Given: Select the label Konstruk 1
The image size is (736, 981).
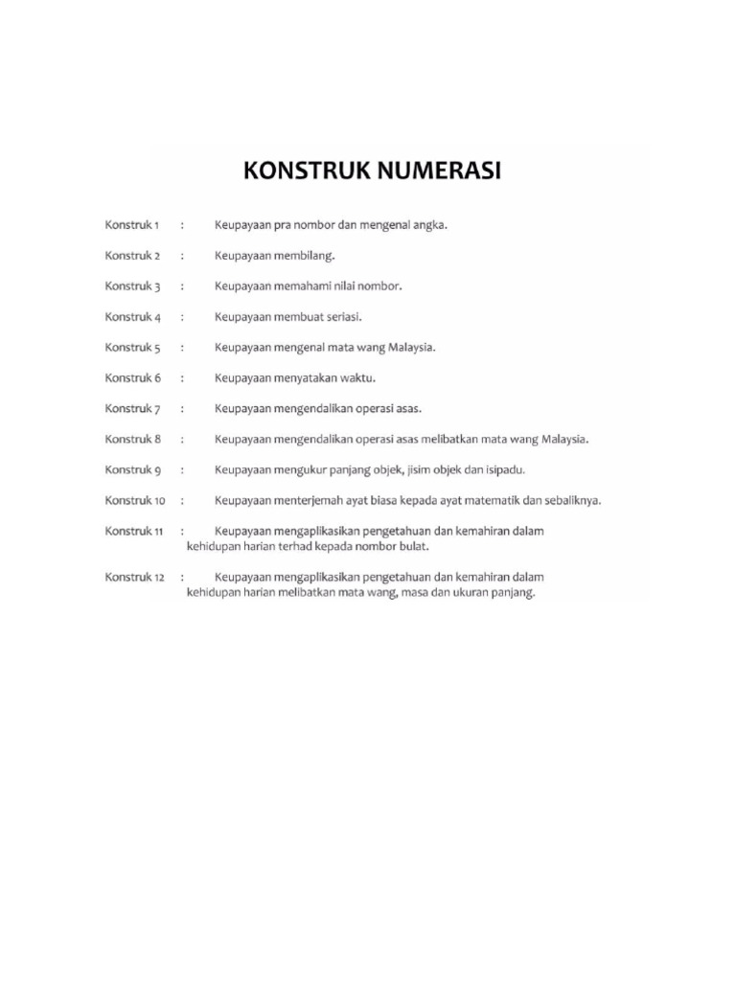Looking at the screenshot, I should tap(132, 225).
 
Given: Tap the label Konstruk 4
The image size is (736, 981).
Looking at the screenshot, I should tap(132, 317).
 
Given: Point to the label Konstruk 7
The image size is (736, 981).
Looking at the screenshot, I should tap(132, 409).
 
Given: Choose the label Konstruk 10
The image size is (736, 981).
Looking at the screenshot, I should tap(135, 500).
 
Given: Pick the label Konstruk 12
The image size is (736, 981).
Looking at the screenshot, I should tap(135, 578).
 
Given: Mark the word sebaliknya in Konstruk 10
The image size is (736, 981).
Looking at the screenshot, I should tap(573, 500).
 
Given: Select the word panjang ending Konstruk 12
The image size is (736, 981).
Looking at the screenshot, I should tap(511, 593).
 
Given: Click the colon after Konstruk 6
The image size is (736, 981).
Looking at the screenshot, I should tap(182, 378).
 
